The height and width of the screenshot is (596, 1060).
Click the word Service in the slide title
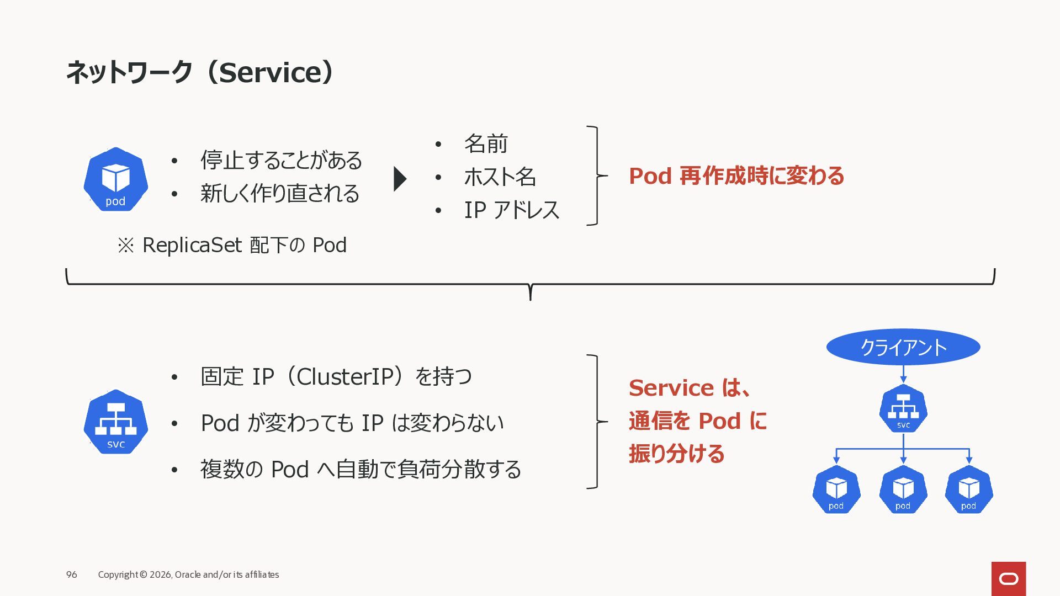(x=270, y=72)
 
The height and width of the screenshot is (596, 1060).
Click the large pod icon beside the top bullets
(x=115, y=179)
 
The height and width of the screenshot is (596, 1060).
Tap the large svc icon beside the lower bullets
(x=115, y=422)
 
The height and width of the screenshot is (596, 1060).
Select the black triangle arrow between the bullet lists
(x=400, y=179)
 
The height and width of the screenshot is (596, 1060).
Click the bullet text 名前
(x=486, y=144)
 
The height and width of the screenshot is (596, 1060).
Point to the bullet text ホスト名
(x=500, y=177)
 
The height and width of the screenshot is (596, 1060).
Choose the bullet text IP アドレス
(x=511, y=210)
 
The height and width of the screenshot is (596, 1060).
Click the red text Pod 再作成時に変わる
(x=736, y=176)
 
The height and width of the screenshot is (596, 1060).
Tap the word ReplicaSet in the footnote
(x=192, y=245)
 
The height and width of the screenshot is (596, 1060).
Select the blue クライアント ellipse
(x=903, y=347)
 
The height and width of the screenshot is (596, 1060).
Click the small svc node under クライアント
(x=903, y=409)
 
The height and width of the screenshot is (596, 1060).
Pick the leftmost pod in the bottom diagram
(x=836, y=489)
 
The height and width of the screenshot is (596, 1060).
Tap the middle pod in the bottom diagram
(x=903, y=489)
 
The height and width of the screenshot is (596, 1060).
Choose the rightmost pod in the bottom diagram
(x=969, y=489)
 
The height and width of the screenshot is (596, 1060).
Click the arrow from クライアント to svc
(x=903, y=374)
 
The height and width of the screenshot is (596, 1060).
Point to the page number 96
(x=72, y=574)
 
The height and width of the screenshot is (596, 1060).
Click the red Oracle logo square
(x=1009, y=578)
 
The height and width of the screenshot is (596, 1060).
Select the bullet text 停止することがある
(x=281, y=161)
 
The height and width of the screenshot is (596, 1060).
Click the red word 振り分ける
(x=676, y=454)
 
